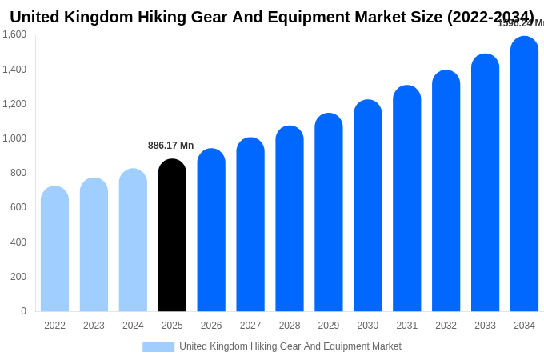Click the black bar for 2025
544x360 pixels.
click(172, 235)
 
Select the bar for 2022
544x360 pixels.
click(54, 249)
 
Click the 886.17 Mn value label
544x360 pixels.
click(170, 146)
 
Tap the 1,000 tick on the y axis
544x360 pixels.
click(14, 138)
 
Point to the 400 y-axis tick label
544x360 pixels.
click(18, 242)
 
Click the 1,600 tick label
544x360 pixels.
click(14, 34)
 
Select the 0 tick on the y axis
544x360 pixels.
click(23, 311)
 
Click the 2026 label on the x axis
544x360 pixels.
click(211, 326)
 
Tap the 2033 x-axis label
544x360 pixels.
click(485, 326)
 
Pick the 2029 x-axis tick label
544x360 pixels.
click(329, 326)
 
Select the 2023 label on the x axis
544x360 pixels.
click(94, 326)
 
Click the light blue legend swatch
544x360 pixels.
click(158, 347)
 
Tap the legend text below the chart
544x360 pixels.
click(290, 346)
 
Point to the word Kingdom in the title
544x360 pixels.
click(111, 17)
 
